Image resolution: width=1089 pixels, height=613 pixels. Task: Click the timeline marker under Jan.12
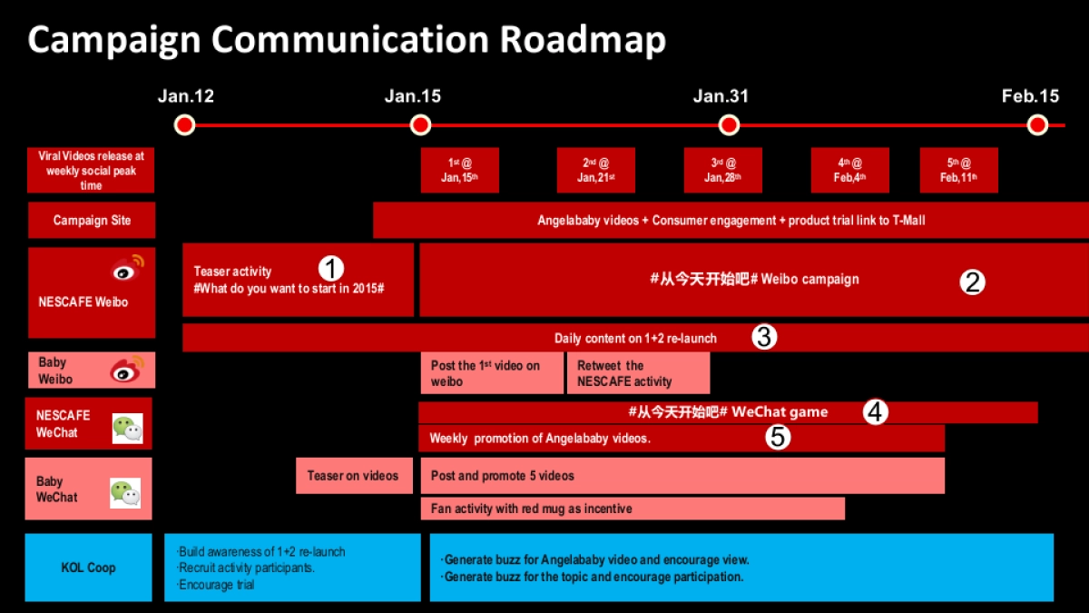point(185,124)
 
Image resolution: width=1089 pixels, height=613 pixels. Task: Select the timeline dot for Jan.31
point(728,124)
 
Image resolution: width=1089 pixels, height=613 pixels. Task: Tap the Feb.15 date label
point(1030,96)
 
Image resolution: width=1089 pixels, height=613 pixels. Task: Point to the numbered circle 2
point(972,282)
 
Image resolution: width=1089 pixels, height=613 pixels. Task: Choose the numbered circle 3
point(764,338)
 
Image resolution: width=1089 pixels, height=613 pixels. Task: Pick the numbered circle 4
point(875,411)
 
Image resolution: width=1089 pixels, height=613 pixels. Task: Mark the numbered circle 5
point(777,438)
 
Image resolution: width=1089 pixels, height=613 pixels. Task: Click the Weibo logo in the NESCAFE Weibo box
point(128,270)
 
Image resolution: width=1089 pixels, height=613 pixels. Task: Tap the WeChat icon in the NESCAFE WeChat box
point(127,428)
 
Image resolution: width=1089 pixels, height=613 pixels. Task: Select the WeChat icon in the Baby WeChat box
point(125,493)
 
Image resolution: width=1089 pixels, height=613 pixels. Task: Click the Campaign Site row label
point(92,221)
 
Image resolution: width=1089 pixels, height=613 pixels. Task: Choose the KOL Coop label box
point(89,568)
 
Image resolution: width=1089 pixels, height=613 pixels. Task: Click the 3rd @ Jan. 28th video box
point(723,171)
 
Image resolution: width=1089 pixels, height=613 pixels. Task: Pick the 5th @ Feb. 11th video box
point(958,171)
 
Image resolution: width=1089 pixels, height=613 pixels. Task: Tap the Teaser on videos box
point(353,475)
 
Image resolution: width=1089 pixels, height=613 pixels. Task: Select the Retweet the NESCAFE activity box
point(638,373)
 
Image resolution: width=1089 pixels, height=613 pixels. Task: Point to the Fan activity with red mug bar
point(632,509)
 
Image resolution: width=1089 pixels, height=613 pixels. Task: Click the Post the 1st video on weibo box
point(491,373)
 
